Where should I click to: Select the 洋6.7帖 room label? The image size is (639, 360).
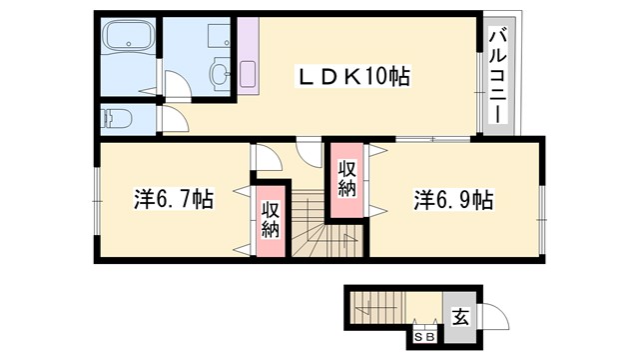(173, 198)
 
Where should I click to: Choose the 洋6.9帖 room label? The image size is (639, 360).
(452, 198)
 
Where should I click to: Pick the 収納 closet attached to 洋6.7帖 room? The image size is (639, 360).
(270, 221)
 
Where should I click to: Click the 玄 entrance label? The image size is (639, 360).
(461, 317)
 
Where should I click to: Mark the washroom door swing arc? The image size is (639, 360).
(173, 84)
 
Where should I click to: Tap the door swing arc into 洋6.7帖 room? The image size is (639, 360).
(267, 159)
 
